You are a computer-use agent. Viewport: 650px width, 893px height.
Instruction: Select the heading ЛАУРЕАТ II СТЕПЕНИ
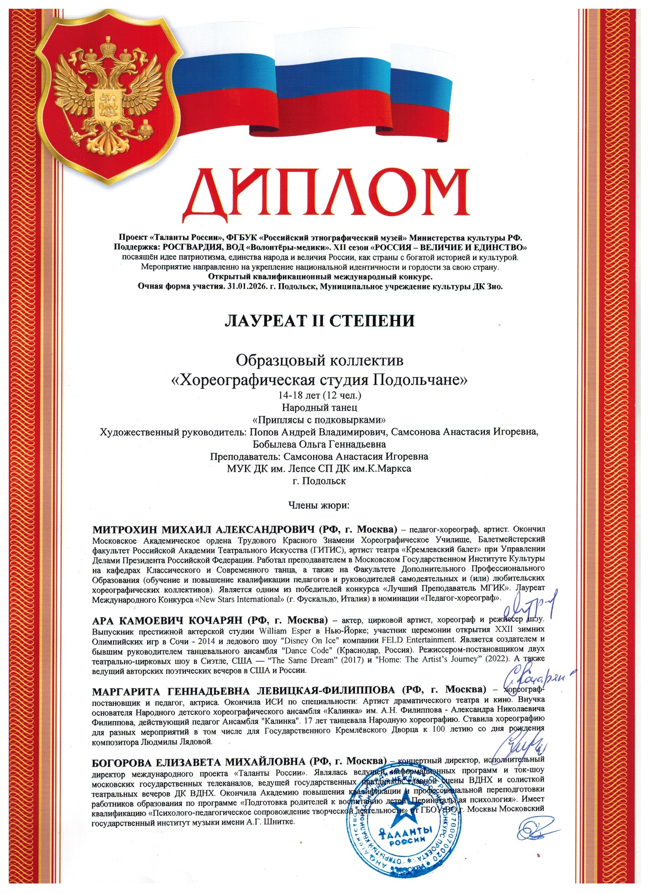320,321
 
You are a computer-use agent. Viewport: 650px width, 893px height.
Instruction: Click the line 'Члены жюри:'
319,505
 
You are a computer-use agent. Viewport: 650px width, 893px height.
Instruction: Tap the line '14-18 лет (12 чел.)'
320,395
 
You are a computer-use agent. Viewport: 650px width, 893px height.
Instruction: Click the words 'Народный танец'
320,407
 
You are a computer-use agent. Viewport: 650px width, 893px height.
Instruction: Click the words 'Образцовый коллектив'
320,360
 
